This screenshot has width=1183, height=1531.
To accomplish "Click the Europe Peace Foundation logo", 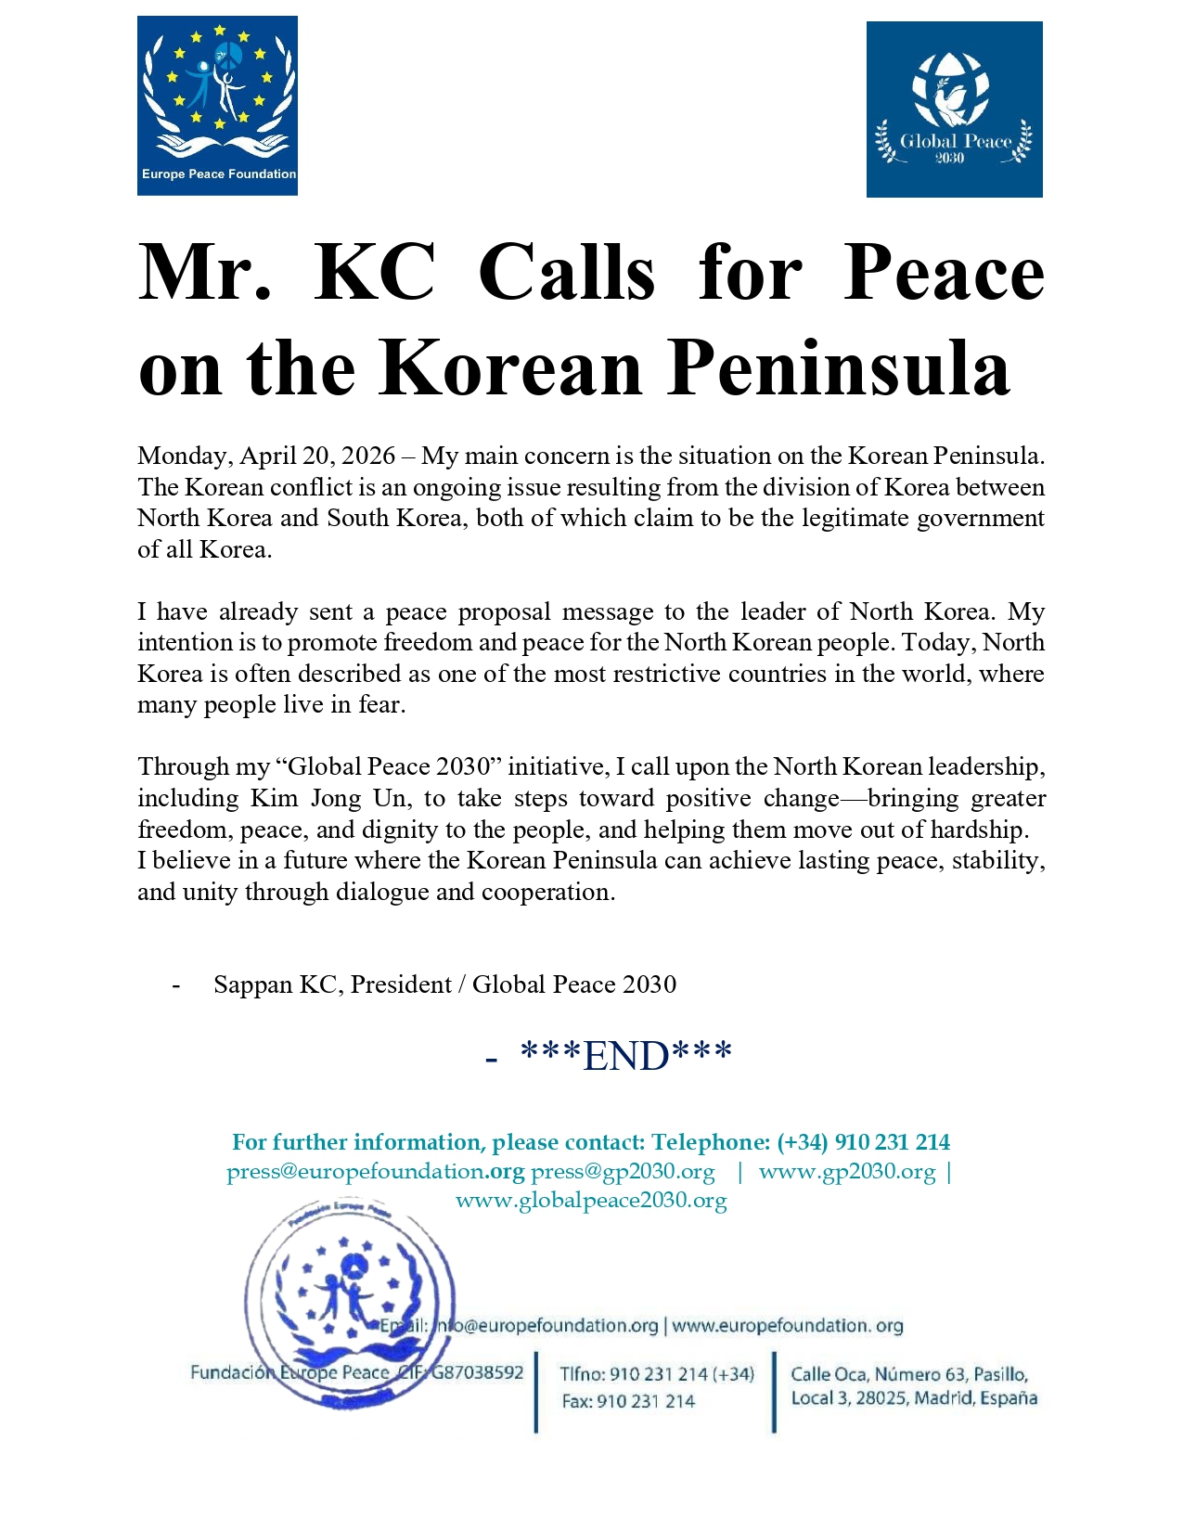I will click(x=217, y=105).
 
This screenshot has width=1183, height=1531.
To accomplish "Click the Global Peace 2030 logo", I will click(x=954, y=109).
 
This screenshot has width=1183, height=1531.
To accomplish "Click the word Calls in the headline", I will click(x=567, y=273).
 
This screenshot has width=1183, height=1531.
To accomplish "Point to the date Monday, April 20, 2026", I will click(x=266, y=457).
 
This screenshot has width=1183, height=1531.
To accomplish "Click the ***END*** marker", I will click(x=626, y=1056).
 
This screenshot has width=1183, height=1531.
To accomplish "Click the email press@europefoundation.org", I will click(x=375, y=1172).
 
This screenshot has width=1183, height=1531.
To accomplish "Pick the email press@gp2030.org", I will click(x=623, y=1172).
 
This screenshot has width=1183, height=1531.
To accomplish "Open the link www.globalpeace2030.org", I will click(x=591, y=1201).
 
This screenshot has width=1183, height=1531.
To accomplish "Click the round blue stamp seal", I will click(x=350, y=1304).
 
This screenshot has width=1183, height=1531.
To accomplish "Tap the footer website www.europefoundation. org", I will click(x=787, y=1326).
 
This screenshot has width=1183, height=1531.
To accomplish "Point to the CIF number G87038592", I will click(x=477, y=1372).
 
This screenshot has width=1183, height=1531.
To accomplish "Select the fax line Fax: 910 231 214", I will click(x=628, y=1401).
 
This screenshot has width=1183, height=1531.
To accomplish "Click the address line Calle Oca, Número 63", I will click(x=907, y=1374).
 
